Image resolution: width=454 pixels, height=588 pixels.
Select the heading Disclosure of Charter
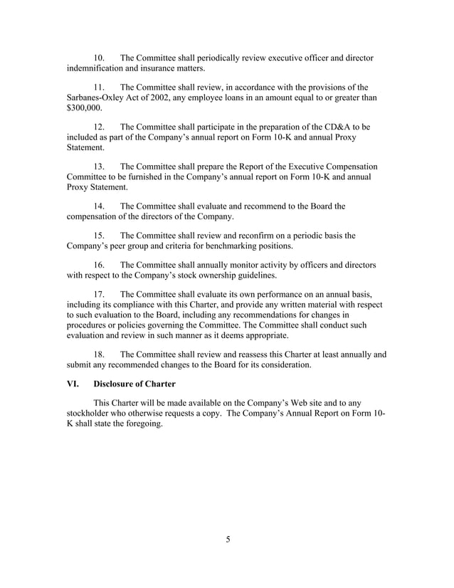pyautogui.click(x=134, y=383)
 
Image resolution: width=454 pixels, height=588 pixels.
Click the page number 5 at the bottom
pyautogui.click(x=228, y=538)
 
